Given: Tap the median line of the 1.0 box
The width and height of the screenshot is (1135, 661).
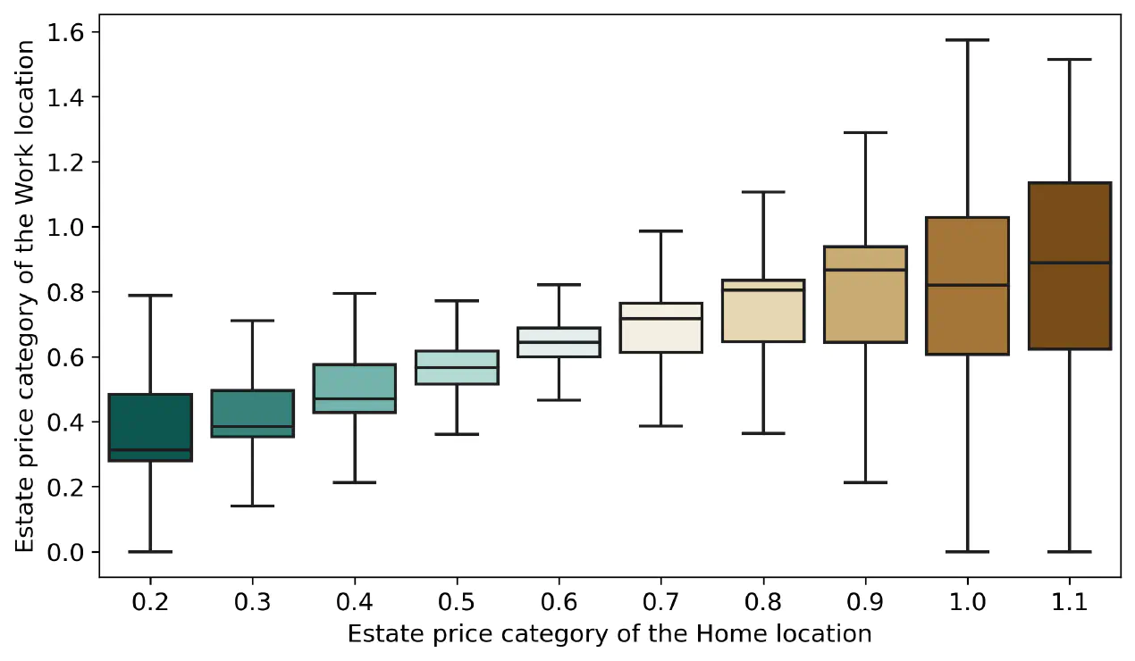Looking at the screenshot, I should coord(968,285).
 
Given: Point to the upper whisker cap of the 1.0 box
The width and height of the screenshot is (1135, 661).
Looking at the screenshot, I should coord(968,40).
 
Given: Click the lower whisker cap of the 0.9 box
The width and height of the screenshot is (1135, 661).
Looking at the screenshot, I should coord(865,482).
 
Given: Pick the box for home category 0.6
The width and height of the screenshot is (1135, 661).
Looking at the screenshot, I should coord(559,342).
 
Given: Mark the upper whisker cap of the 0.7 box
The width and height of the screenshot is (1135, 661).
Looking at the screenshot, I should coord(661,231).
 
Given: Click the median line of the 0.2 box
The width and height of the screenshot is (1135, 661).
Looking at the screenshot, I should coord(150,449).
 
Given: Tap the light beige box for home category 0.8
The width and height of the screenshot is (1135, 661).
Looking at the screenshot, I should coord(763,311).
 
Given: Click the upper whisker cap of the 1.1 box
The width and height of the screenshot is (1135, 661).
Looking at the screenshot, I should coord(1070,59).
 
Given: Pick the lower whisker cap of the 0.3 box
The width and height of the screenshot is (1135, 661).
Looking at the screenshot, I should coord(253,506).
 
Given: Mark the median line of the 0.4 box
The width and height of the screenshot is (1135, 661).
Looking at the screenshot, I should coord(355,398).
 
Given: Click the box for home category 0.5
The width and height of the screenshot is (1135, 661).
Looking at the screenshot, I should coord(457,367).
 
